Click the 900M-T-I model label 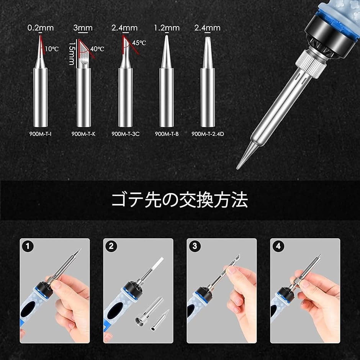coord(41,134)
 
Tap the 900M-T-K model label coord(83,134)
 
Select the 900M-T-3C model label coord(125,134)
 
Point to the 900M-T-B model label coord(167,134)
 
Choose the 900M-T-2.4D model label coord(208,134)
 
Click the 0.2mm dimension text coord(41,28)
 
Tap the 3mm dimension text coord(83,28)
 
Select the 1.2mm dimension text coord(167,28)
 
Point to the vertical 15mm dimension coord(72,53)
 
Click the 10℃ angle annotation coord(52,49)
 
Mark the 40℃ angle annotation coord(97,49)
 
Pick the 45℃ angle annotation coord(139,43)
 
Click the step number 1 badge coord(28,246)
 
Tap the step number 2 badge coord(111,246)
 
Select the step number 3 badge coord(195,246)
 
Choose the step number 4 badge coord(278,246)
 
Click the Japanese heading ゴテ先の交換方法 coord(180,200)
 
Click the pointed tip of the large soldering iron coord(237,169)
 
